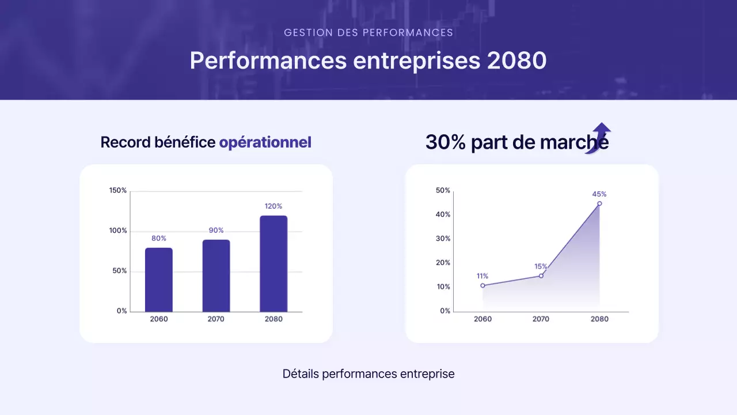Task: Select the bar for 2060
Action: tap(158, 280)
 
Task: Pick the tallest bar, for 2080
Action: tap(273, 263)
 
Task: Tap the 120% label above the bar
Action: tap(273, 206)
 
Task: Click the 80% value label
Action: tap(159, 239)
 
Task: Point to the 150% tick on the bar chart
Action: tap(118, 190)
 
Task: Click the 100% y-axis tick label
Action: tap(118, 231)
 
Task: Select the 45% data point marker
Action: tap(599, 203)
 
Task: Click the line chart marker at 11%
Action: tap(483, 285)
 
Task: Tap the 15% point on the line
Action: tap(541, 276)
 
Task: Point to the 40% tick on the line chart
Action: tap(443, 214)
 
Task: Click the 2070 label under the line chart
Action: tap(541, 319)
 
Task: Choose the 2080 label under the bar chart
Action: tap(273, 319)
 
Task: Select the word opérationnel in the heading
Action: tap(265, 142)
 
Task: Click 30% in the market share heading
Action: tap(445, 142)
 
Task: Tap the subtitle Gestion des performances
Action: tap(368, 33)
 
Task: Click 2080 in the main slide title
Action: tap(516, 61)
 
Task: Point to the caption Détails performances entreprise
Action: tap(368, 373)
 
